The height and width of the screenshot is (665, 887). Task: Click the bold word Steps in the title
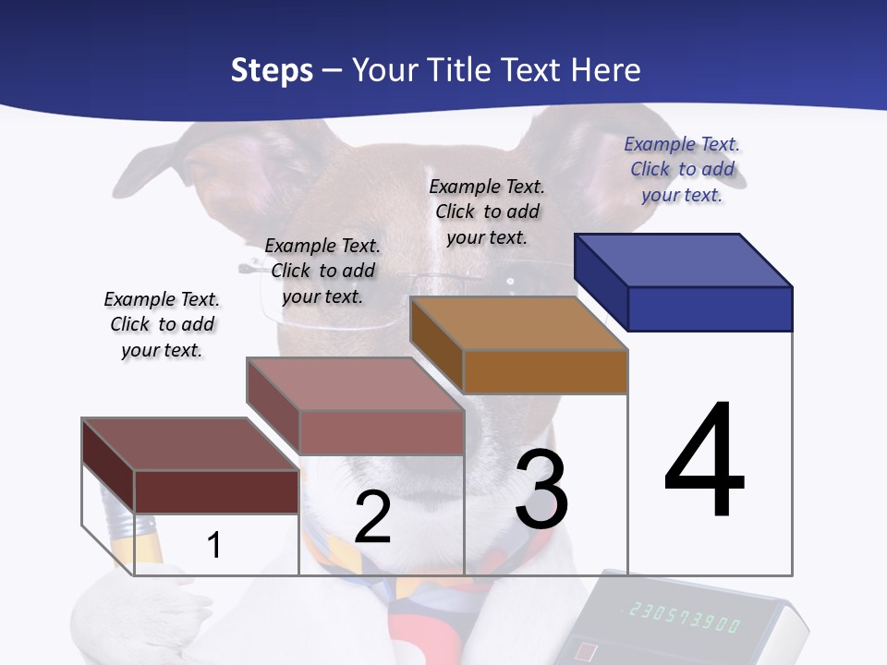point(272,70)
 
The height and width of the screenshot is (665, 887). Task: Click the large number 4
point(704,462)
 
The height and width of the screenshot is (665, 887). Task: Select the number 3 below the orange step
point(541,490)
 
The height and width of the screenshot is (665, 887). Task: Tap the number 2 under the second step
point(372,518)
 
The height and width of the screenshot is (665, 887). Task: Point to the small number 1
point(213,545)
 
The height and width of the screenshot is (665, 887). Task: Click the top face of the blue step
point(684,260)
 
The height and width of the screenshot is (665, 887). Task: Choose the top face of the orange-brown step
point(518,323)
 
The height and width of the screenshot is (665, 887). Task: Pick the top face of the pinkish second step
point(355,384)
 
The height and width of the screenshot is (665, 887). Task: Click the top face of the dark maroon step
point(189,444)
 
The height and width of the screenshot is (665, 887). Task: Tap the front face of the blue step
point(710,308)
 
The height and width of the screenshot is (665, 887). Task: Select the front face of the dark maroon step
point(216,491)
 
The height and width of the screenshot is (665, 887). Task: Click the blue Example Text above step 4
point(682,169)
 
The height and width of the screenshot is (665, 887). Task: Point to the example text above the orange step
point(487,212)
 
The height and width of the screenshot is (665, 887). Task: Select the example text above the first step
point(162,324)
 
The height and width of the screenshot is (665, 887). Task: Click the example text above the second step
point(322,271)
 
